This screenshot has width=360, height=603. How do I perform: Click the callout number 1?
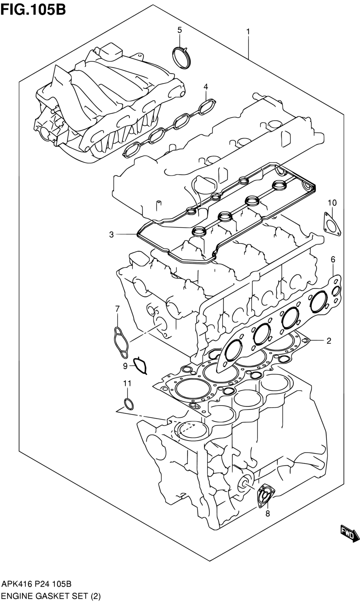point(248,32)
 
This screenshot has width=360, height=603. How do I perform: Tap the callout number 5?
point(179,30)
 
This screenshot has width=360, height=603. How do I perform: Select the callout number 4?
point(206,87)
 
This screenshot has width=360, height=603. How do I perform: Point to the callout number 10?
point(332,203)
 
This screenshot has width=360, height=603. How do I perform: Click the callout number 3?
point(111,235)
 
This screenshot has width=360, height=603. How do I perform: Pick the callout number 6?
point(333,260)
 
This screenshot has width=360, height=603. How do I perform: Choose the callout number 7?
point(117,309)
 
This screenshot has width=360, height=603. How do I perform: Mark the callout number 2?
point(329,341)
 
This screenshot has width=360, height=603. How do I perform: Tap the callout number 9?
point(125,366)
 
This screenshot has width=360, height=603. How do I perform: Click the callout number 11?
point(127,383)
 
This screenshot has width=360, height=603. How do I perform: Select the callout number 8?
point(267,514)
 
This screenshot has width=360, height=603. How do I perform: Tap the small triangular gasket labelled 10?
point(332,224)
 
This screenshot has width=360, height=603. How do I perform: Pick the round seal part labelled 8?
point(265,497)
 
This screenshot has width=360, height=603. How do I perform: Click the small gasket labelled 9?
point(140,365)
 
